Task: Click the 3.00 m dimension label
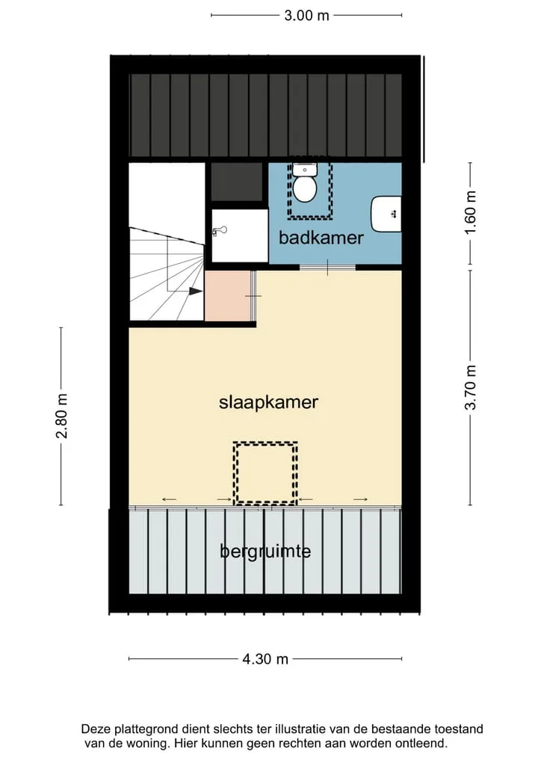pos(306,16)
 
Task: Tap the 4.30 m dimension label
pos(265,659)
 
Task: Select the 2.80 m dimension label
pos(61,415)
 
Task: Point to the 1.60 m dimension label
pos(470,212)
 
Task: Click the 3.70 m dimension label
pos(470,388)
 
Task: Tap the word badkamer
pos(321,238)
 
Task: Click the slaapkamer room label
pos(268,402)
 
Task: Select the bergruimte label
pos(265,552)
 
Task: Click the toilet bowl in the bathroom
pos(305,189)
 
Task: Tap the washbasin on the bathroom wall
pos(386,214)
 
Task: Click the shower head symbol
pos(220,231)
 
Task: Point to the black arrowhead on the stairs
pos(196,291)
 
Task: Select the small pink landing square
pos(228,296)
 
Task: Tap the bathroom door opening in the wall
pos(327,267)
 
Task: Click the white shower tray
pos(240,235)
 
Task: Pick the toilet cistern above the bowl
pos(305,169)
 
